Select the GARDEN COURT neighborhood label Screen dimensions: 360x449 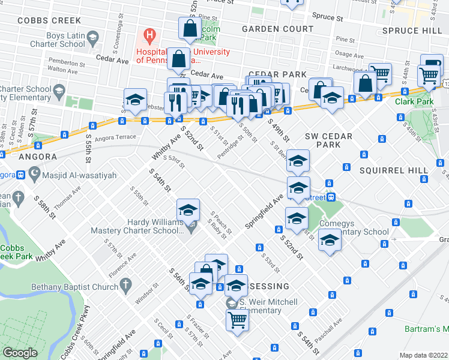click(x=277, y=29)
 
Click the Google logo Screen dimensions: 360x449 click(x=20, y=353)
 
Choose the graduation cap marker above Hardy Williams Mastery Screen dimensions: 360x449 click(x=188, y=210)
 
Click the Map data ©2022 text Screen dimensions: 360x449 click(x=424, y=355)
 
